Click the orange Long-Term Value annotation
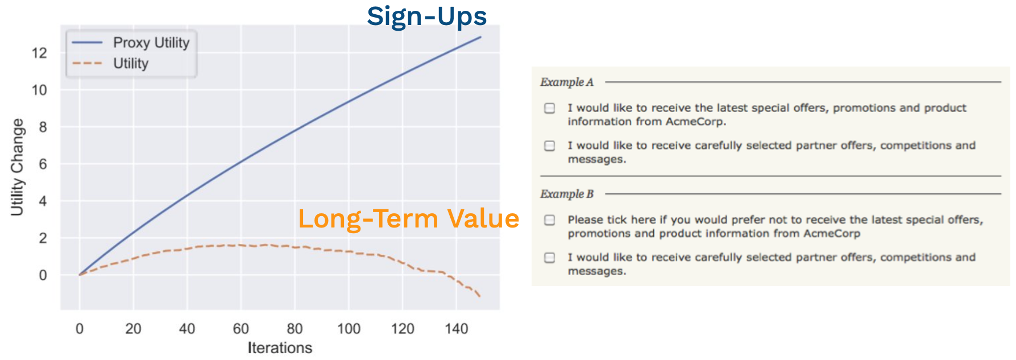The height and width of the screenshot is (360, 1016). pyautogui.click(x=409, y=219)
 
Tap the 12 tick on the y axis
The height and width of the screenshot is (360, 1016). pyautogui.click(x=39, y=53)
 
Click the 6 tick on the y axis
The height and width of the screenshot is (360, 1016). pyautogui.click(x=43, y=164)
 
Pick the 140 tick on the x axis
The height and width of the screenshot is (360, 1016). pyautogui.click(x=457, y=329)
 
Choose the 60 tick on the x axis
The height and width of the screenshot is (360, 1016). pyautogui.click(x=241, y=329)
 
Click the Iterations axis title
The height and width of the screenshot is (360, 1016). pyautogui.click(x=280, y=347)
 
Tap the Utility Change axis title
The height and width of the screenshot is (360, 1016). pyautogui.click(x=18, y=167)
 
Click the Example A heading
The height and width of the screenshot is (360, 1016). pyautogui.click(x=567, y=82)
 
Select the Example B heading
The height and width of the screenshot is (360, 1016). pyautogui.click(x=567, y=195)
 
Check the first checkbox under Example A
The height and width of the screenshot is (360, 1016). pyautogui.click(x=550, y=108)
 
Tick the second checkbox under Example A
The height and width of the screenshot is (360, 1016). pyautogui.click(x=550, y=146)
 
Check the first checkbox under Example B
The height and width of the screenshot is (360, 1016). pyautogui.click(x=550, y=220)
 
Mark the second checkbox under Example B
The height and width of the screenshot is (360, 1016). pyautogui.click(x=550, y=258)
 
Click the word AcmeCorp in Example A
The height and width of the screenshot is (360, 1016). pyautogui.click(x=695, y=122)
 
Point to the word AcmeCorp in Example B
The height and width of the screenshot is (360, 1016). pyautogui.click(x=832, y=234)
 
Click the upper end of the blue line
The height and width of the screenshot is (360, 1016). pyautogui.click(x=481, y=37)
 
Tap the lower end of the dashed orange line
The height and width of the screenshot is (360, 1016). pyautogui.click(x=480, y=296)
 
